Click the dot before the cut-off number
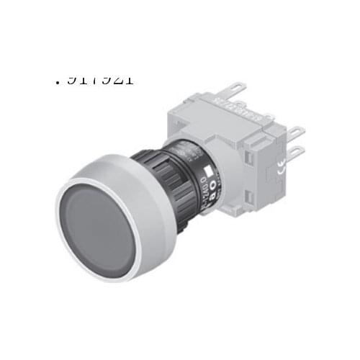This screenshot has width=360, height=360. [56, 81]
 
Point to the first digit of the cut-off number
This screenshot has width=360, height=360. [71, 78]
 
